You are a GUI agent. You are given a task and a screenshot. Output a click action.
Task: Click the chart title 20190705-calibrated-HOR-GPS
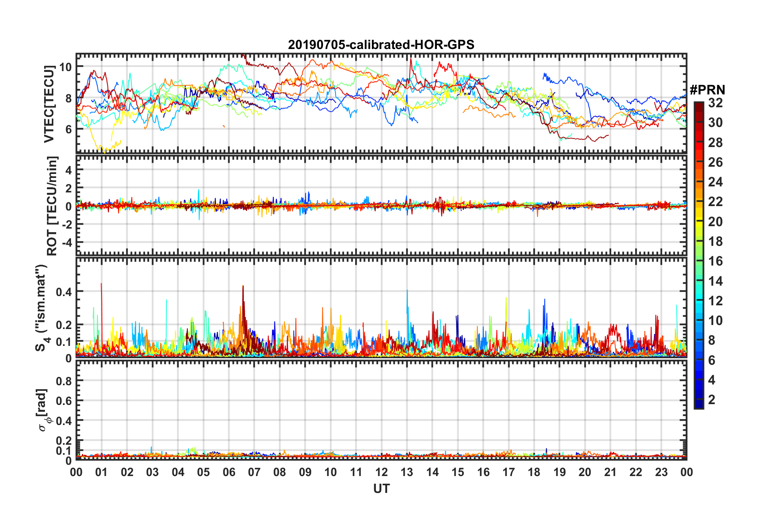click(x=381, y=45)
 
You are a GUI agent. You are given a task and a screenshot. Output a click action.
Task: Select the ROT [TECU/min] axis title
click(x=52, y=206)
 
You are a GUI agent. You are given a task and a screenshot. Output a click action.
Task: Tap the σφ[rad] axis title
click(x=43, y=410)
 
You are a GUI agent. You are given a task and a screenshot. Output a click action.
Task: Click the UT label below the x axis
click(x=381, y=489)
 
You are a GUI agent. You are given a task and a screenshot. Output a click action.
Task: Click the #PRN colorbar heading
click(x=707, y=90)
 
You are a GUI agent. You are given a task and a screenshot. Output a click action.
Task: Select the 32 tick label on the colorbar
click(x=715, y=103)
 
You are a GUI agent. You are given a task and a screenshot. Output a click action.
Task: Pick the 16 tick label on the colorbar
click(x=715, y=261)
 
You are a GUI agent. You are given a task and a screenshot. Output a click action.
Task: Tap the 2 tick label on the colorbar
click(x=712, y=399)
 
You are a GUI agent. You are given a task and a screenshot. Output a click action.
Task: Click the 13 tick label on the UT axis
click(x=407, y=472)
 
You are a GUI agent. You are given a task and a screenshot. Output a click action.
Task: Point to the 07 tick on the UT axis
click(x=254, y=472)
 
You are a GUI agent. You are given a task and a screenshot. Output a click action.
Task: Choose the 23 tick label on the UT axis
click(x=661, y=472)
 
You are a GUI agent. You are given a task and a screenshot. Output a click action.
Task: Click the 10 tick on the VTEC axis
click(x=65, y=67)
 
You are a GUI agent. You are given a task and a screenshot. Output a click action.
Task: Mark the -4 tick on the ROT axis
click(x=65, y=243)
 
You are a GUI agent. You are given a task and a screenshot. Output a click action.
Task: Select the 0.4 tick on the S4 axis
click(x=64, y=292)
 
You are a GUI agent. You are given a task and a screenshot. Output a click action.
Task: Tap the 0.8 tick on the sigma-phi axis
click(x=64, y=380)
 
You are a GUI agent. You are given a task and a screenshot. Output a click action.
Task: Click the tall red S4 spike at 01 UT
click(x=101, y=284)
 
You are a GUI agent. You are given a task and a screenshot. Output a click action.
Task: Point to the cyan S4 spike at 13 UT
click(x=407, y=291)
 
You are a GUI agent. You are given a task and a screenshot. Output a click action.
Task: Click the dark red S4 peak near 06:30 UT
click(x=243, y=287)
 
